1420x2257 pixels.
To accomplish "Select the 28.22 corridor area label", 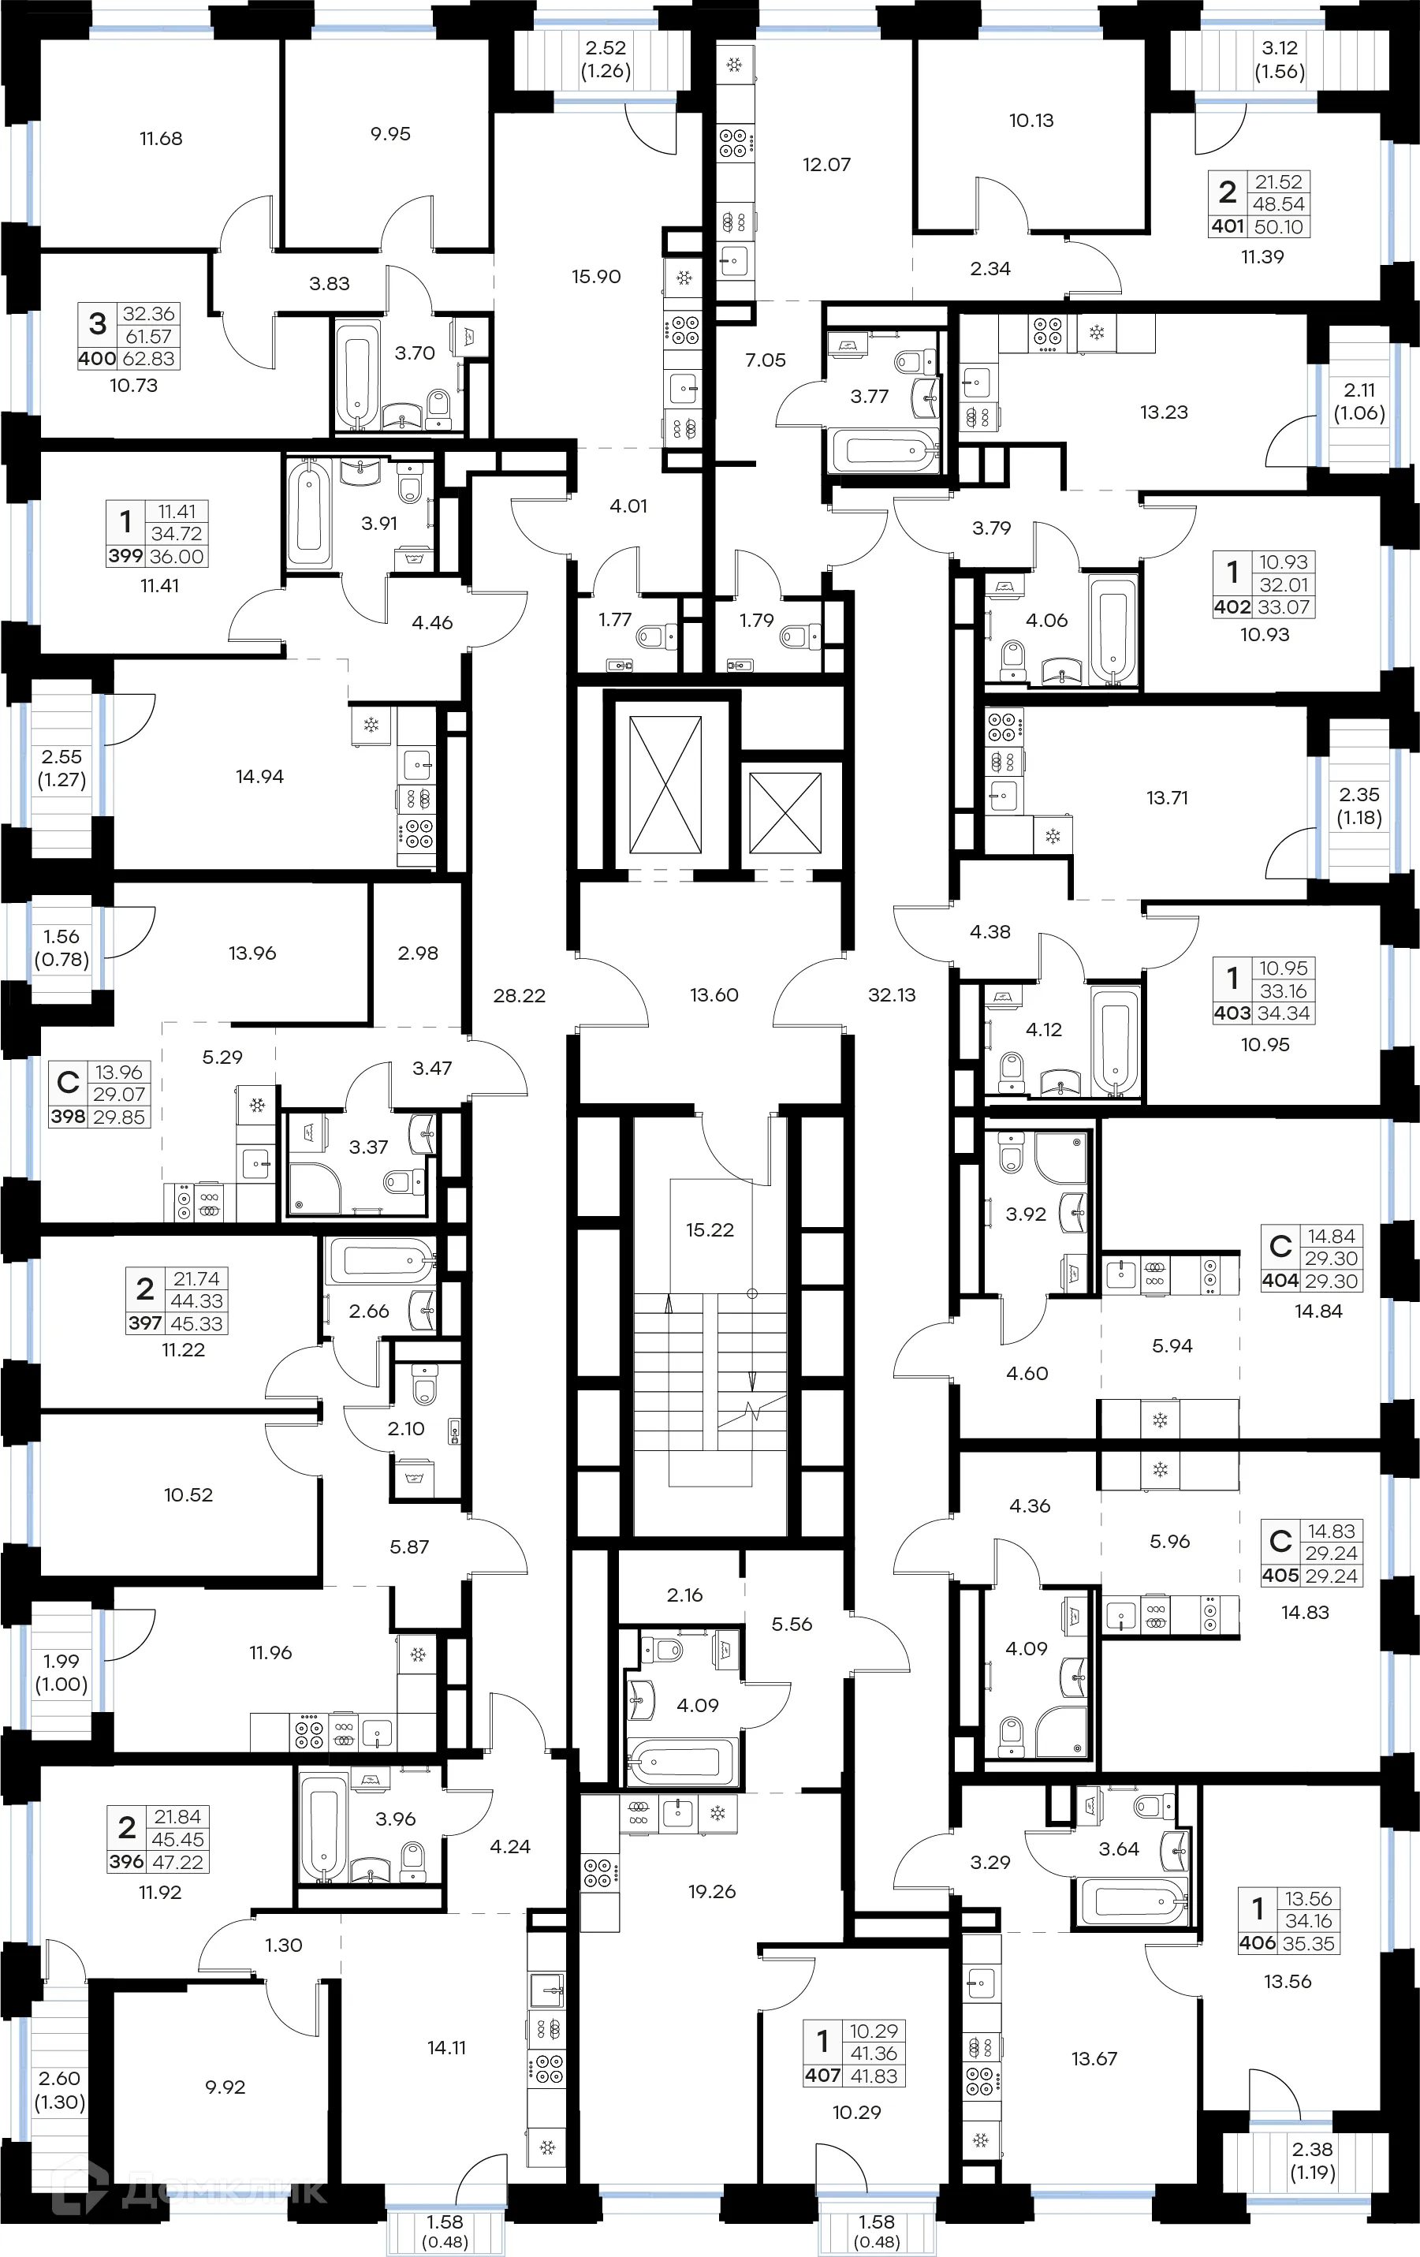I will (x=520, y=995).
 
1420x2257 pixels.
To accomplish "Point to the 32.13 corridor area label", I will (x=892, y=994).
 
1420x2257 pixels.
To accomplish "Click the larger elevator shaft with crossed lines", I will (x=665, y=785).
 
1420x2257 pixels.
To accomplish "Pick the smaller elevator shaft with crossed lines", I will (x=785, y=812).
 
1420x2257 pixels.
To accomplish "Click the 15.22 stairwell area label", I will (x=710, y=1229).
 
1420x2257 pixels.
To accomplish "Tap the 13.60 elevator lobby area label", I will (x=714, y=994).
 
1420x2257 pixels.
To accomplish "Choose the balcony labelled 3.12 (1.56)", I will (x=1280, y=59).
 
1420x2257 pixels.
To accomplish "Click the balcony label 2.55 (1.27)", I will (x=61, y=767).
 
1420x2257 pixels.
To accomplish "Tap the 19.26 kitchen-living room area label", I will (x=711, y=1891).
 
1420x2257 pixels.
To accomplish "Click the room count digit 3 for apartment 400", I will (x=98, y=324).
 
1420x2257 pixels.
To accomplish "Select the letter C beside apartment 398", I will (x=68, y=1083).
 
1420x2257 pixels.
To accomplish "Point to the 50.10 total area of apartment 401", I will (x=1278, y=227).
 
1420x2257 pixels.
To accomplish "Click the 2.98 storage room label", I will (x=418, y=953).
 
